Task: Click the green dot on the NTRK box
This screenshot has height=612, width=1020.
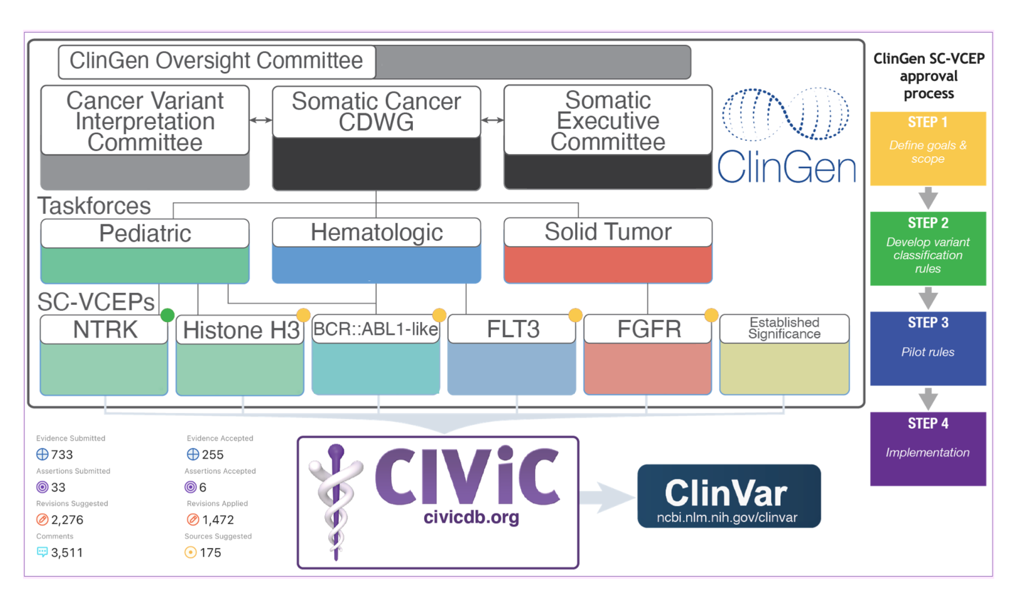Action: pyautogui.click(x=167, y=315)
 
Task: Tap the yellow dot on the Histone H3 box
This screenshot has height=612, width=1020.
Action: pyautogui.click(x=303, y=315)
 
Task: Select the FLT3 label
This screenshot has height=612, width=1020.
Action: pyautogui.click(x=513, y=329)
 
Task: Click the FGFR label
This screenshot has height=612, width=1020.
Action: pyautogui.click(x=649, y=329)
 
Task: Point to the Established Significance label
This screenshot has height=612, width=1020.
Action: pyautogui.click(x=784, y=328)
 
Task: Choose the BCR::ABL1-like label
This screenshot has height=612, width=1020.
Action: pyautogui.click(x=376, y=329)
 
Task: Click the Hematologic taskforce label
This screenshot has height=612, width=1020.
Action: pyautogui.click(x=377, y=232)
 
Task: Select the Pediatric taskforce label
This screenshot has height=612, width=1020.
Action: pyautogui.click(x=145, y=233)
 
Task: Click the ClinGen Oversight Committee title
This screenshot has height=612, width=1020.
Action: pyautogui.click(x=216, y=61)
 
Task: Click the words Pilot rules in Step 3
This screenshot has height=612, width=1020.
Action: pyautogui.click(x=928, y=352)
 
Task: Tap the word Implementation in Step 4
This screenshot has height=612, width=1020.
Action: pyautogui.click(x=928, y=452)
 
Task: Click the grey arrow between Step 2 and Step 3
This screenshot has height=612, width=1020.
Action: pyautogui.click(x=928, y=298)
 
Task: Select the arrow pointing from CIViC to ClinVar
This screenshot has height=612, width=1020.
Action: pyautogui.click(x=607, y=498)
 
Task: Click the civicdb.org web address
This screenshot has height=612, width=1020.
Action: pyautogui.click(x=471, y=517)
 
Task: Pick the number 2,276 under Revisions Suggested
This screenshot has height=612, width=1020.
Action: pyautogui.click(x=67, y=520)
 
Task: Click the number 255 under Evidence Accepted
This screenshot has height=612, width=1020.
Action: pyautogui.click(x=213, y=455)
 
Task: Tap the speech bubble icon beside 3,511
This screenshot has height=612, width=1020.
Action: pyautogui.click(x=42, y=552)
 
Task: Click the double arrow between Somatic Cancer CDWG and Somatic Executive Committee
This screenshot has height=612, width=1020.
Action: pyautogui.click(x=492, y=120)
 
